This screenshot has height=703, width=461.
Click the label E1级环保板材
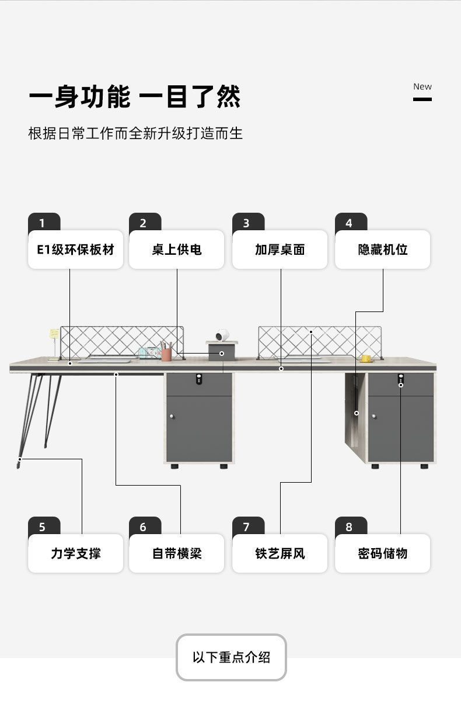(76, 250)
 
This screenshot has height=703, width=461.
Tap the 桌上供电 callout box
(176, 250)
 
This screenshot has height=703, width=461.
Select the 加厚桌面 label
(280, 250)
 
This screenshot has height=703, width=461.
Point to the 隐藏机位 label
(382, 250)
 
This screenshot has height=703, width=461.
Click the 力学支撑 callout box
(76, 553)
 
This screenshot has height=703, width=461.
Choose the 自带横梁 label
(176, 553)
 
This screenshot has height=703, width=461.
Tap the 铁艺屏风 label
(280, 553)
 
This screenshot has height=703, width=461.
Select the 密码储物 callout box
(382, 553)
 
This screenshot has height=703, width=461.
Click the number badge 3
(246, 223)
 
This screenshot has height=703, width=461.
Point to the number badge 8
(349, 527)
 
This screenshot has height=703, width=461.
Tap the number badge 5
(42, 527)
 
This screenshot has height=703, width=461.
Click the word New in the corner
(422, 86)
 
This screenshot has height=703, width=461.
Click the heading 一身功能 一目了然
(135, 97)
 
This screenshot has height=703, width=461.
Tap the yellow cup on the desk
(366, 358)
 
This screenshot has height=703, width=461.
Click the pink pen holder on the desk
(167, 354)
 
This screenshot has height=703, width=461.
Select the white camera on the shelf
(222, 335)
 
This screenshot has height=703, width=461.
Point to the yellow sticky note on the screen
(54, 334)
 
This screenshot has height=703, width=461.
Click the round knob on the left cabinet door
(172, 417)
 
